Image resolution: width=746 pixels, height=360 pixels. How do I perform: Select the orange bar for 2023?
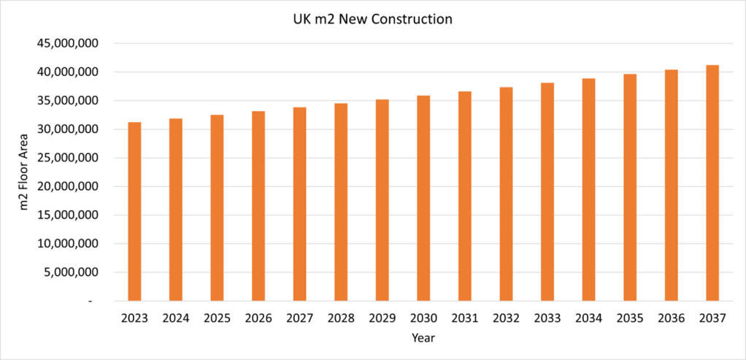[x=134, y=212]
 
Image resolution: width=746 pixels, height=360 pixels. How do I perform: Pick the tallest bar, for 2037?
[x=712, y=183]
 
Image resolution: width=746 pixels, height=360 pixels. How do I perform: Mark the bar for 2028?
[x=341, y=202]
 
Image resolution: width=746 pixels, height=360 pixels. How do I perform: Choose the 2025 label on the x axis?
[x=217, y=318]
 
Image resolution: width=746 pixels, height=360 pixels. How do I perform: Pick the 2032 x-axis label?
[x=506, y=318]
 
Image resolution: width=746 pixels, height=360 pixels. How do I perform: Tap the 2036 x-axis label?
[x=671, y=318]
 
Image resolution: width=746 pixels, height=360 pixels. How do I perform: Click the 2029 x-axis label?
[x=382, y=318]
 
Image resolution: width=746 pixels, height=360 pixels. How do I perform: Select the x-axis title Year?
[x=423, y=338]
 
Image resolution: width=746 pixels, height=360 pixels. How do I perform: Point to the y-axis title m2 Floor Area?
[x=25, y=172]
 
